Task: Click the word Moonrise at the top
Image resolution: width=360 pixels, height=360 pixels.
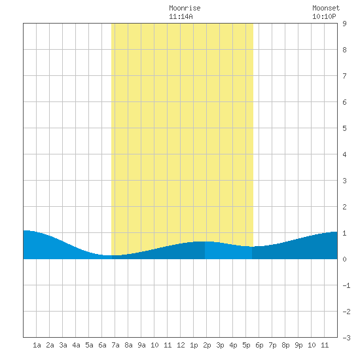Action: point(185,8)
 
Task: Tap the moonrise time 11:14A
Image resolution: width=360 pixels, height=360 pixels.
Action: point(181,16)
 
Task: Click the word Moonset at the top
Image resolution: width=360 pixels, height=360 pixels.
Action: point(326,8)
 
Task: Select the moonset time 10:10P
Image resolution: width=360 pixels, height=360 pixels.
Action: point(324,16)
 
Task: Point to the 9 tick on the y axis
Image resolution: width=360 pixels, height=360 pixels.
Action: point(344,24)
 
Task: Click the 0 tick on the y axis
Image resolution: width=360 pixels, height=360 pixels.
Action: point(344,259)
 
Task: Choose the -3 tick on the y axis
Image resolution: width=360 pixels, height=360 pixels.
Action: point(346,338)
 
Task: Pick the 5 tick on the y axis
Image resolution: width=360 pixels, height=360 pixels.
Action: point(344,128)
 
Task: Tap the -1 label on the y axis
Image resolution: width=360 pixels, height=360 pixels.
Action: point(346,285)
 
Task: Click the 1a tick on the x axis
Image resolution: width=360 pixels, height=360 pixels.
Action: point(37,345)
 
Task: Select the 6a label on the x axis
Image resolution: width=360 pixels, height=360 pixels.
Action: point(102,345)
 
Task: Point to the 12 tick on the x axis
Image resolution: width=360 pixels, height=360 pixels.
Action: point(181,345)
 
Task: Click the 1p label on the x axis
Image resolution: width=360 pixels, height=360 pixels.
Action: point(194,346)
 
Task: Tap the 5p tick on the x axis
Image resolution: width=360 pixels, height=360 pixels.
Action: point(246,346)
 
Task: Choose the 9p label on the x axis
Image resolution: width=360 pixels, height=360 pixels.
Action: point(298,346)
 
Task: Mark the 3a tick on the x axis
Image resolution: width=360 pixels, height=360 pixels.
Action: point(63,345)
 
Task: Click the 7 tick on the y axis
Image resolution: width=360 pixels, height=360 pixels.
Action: point(344,76)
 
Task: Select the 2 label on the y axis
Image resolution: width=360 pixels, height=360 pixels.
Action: point(344,207)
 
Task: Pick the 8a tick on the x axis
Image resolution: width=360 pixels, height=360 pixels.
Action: point(128,345)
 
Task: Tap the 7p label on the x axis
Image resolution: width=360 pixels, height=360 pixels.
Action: point(272,346)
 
